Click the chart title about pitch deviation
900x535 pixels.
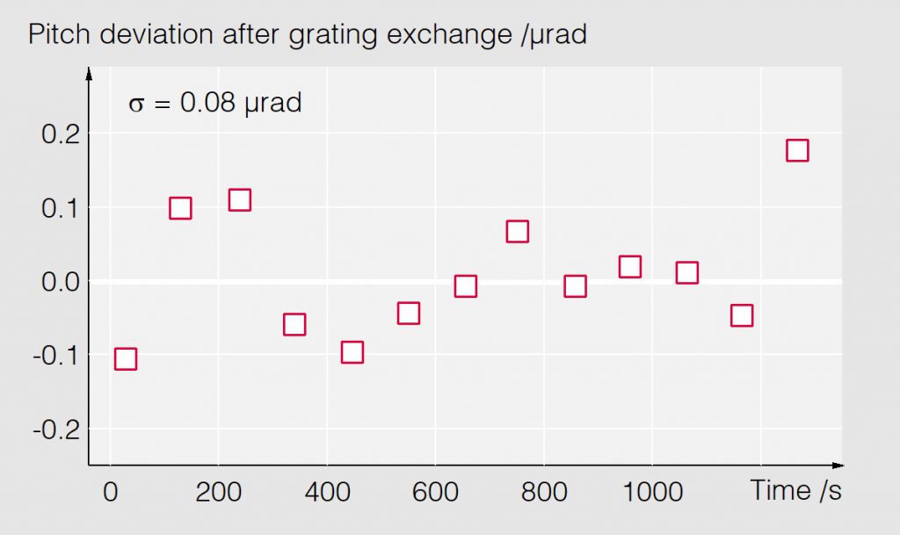click(307, 35)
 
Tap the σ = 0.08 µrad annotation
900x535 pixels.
click(215, 103)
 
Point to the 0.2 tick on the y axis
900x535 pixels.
click(61, 134)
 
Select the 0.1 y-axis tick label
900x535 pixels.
click(61, 208)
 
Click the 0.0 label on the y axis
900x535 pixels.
click(61, 282)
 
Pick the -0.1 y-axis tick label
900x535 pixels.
click(56, 356)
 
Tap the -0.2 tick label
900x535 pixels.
click(56, 430)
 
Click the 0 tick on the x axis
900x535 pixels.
click(110, 491)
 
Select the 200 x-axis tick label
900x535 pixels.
click(218, 491)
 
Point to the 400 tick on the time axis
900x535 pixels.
click(326, 491)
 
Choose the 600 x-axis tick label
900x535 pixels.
click(435, 491)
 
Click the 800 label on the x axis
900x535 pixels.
click(543, 491)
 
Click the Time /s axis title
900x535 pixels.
click(795, 490)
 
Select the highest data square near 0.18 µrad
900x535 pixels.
click(797, 150)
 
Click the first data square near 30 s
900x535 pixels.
click(126, 358)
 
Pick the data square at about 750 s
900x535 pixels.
click(517, 232)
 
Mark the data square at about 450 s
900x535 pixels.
click(352, 352)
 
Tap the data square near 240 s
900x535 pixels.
click(240, 200)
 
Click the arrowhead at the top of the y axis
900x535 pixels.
click(89, 74)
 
